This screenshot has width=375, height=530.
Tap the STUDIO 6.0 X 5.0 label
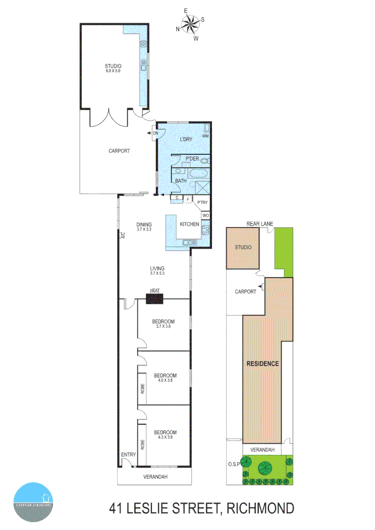pyautogui.click(x=112, y=68)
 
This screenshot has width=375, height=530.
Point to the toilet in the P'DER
pyautogui.click(x=205, y=160)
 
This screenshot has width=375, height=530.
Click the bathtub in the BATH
pyautogui.click(x=199, y=174)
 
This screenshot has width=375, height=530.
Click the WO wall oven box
pyautogui.click(x=206, y=215)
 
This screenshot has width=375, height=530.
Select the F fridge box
pyautogui.click(x=187, y=199)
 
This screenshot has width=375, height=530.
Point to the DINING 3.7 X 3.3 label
pyautogui.click(x=144, y=227)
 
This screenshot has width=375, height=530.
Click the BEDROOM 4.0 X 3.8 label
pyautogui.click(x=165, y=378)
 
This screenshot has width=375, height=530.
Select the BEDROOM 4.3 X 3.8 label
pyautogui.click(x=165, y=434)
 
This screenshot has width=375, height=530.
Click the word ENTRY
pyautogui.click(x=129, y=454)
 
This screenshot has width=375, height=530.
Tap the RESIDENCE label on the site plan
pyautogui.click(x=263, y=364)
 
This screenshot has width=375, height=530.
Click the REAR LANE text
pyautogui.click(x=260, y=224)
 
